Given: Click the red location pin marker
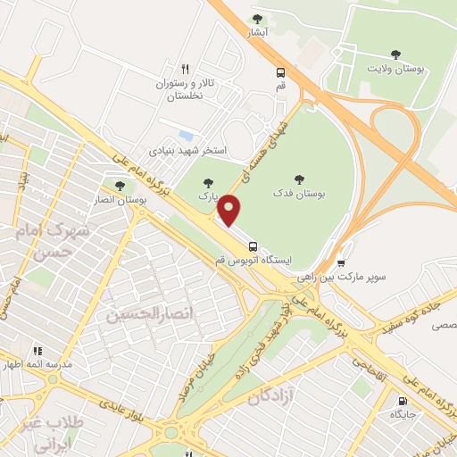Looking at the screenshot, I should (x=230, y=211).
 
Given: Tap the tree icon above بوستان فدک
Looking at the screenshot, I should (x=299, y=179).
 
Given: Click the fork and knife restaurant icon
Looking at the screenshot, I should (x=186, y=68).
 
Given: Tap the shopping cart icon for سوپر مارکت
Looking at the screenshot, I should (x=341, y=263).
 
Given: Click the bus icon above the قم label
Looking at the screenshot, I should (x=281, y=72).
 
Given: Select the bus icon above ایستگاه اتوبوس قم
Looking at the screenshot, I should (x=253, y=245).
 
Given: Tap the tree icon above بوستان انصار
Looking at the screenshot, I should (x=120, y=186).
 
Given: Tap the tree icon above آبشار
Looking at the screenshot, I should (x=258, y=19).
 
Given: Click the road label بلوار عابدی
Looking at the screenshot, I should (x=121, y=400).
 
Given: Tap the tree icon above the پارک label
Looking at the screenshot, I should (x=208, y=183).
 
